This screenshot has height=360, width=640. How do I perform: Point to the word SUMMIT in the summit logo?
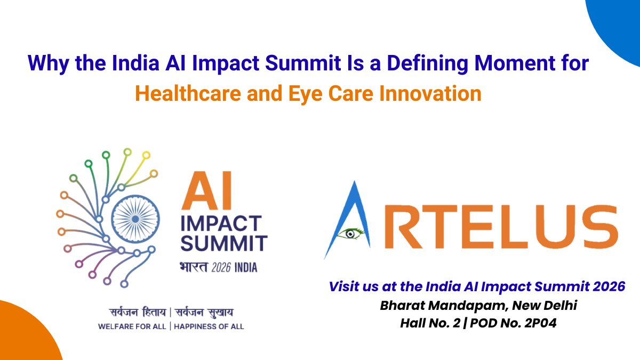(223, 244)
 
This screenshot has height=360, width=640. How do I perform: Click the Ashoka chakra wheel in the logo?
(135, 219)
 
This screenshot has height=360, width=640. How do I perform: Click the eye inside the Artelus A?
(353, 232)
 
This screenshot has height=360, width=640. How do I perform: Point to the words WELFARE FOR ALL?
(132, 326)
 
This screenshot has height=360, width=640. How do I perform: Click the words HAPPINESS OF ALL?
(209, 326)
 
